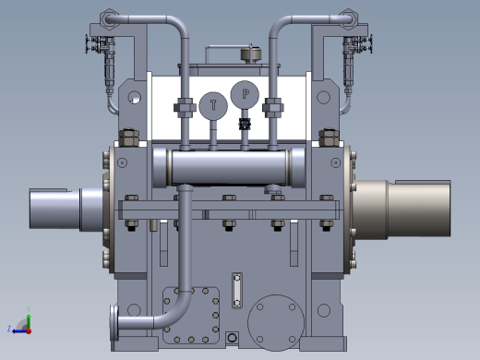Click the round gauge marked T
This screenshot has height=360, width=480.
coord(213,105)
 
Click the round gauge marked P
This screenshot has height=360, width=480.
coord(245,94)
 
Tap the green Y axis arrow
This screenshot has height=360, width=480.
coord(29,318)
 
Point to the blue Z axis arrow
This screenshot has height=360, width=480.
coord(18,331)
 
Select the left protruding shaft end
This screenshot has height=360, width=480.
coord(66,209)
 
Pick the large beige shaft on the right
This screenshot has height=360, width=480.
coord(402,209)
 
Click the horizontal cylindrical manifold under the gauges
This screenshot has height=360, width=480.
coord(229,168)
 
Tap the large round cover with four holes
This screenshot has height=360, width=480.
coord(276,323)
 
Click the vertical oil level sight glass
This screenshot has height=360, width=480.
coord(237,291)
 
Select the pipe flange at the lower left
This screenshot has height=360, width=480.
coord(114,322)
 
